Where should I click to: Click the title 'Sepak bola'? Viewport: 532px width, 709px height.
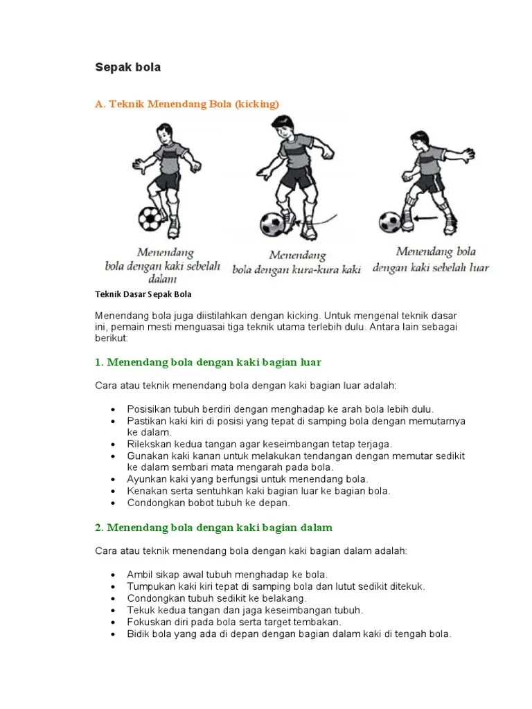tap(127, 67)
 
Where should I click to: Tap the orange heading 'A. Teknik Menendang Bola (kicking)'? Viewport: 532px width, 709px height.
tap(186, 104)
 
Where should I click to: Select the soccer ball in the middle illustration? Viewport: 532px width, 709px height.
tap(273, 224)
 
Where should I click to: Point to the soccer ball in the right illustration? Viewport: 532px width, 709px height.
tap(390, 222)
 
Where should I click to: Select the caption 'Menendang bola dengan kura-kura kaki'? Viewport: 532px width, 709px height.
tap(296, 262)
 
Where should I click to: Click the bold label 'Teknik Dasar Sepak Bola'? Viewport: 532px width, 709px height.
tap(143, 294)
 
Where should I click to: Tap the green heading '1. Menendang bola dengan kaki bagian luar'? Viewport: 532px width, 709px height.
tap(208, 362)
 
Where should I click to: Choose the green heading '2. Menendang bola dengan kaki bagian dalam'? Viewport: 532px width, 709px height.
tap(213, 528)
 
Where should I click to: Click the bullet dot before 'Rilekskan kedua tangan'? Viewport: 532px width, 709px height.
tap(112, 445)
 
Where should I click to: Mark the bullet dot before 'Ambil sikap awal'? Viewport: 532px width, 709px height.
tap(112, 575)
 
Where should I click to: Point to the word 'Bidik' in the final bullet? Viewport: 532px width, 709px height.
tap(138, 634)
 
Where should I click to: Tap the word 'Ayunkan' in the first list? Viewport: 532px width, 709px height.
tap(145, 479)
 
